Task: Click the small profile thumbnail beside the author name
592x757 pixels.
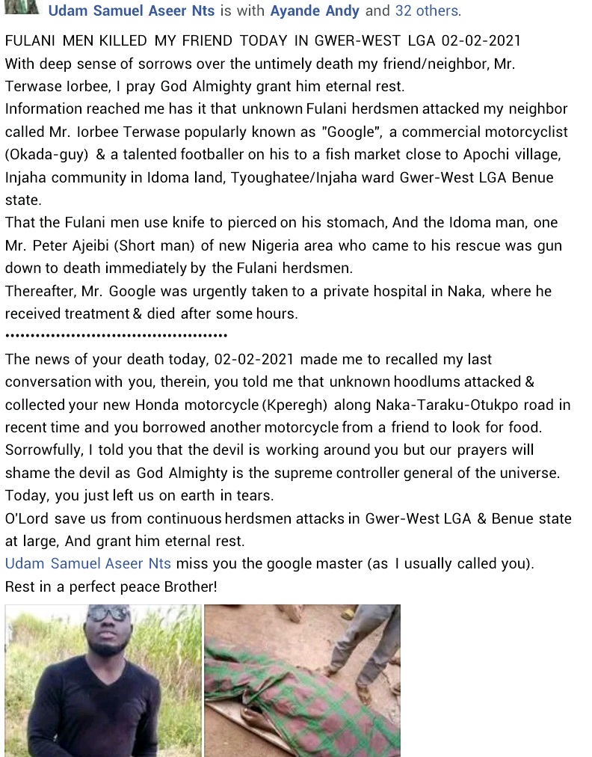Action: coord(22,7)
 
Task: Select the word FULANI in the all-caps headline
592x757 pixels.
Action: coord(30,40)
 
